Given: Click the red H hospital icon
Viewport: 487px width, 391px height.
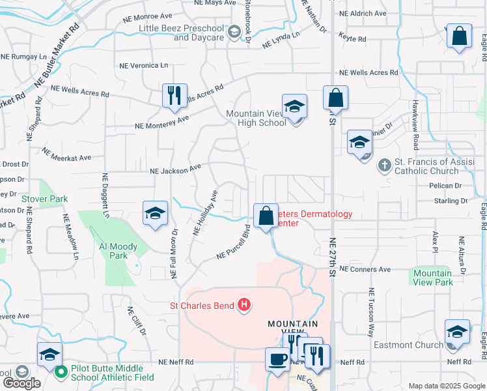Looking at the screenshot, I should coord(244,304).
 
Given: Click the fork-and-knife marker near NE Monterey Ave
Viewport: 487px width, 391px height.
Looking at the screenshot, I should coord(174,96).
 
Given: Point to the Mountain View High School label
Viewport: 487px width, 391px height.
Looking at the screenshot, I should coord(256,118).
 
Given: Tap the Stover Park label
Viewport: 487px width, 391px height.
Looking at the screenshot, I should coord(44,198).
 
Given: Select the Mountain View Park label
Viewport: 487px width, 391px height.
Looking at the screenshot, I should coord(433,278).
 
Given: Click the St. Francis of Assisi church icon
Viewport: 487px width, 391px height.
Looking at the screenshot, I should coord(384,166).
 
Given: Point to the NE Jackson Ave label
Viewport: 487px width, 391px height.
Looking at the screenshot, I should coord(175,169).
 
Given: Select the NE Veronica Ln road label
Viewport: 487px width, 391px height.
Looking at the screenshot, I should coord(143,65).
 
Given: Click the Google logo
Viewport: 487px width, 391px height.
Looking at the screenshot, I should coord(21,383).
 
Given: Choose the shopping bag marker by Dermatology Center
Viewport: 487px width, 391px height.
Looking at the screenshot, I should coord(266,216).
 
